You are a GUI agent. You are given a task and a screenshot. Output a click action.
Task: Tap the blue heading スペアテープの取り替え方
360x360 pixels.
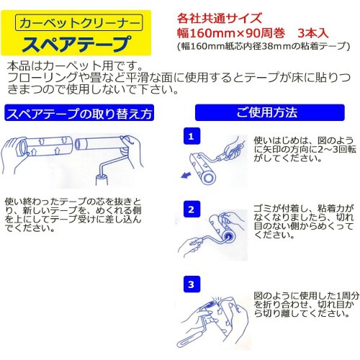point(79,114)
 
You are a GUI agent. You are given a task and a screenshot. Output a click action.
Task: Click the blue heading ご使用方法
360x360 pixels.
point(266,113)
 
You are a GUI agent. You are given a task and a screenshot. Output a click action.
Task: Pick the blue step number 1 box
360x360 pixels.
point(190,135)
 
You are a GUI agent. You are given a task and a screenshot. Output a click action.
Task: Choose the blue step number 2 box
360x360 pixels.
point(190,210)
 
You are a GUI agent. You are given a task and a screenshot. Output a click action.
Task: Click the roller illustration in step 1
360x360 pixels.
point(216,166)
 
